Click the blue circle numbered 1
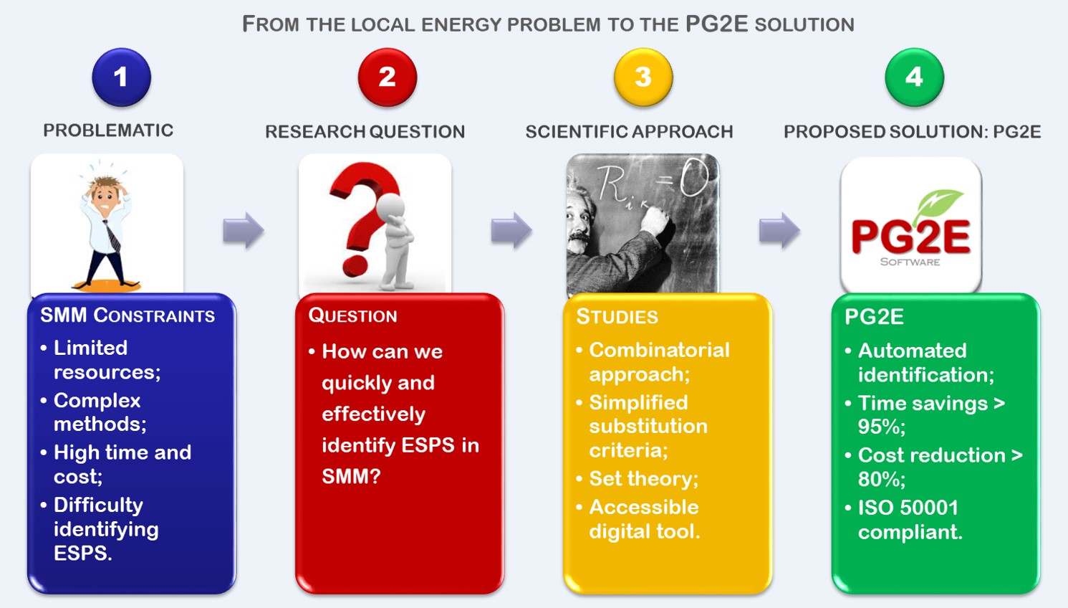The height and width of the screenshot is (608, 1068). [x=121, y=77]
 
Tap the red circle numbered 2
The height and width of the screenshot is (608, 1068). [x=387, y=77]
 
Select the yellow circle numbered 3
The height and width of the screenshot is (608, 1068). [x=643, y=77]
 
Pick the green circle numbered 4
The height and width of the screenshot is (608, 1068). [x=914, y=77]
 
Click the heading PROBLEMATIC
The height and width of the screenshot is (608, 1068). [x=108, y=130]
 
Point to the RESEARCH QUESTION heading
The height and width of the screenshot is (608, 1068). [x=365, y=132]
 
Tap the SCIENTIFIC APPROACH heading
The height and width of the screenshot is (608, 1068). [x=629, y=132]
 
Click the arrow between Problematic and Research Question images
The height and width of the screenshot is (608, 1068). [x=243, y=230]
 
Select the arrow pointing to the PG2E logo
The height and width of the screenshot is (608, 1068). [x=779, y=230]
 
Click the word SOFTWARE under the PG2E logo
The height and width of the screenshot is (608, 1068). [x=910, y=262]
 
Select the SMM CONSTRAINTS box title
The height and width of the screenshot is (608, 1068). [x=128, y=315]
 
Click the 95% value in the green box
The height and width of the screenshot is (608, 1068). [x=881, y=427]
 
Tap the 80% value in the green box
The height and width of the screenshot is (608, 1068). [x=881, y=479]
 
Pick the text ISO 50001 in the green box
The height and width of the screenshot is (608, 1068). [x=908, y=508]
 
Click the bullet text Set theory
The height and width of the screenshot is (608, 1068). [x=644, y=479]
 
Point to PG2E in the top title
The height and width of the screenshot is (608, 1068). [x=716, y=24]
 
